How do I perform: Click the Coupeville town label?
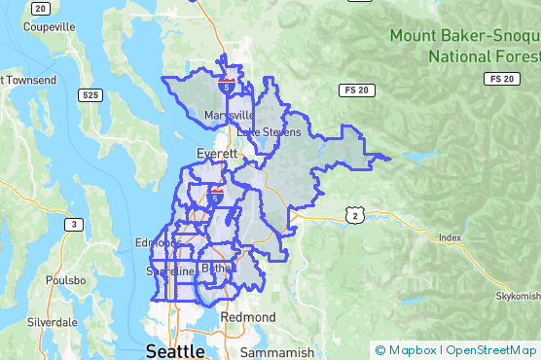point(40,27)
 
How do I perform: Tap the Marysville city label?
point(229,116)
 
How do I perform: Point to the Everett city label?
point(216,154)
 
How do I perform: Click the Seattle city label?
point(175,349)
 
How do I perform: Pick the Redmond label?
point(248,317)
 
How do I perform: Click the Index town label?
point(450,237)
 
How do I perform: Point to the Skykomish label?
point(518,295)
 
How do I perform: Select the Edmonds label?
point(158,242)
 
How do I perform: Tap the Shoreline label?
point(166,271)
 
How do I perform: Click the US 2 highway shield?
point(357,214)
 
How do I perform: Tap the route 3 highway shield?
point(73,225)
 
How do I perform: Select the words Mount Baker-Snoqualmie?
point(463,36)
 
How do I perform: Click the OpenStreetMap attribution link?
point(491,350)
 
